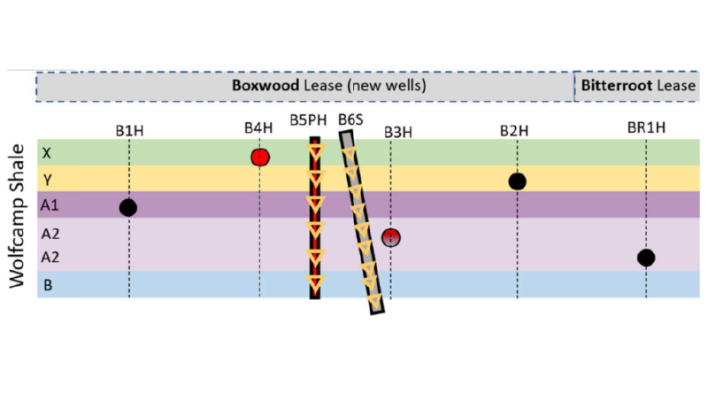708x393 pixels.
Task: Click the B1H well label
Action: (129, 131)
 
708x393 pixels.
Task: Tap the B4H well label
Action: (258, 127)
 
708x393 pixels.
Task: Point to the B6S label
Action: (351, 120)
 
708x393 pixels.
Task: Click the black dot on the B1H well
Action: (128, 207)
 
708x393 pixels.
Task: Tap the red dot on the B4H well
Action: (259, 158)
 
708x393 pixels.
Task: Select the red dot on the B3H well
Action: (391, 236)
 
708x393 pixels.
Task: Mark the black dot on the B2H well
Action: (518, 181)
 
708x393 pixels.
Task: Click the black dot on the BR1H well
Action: (646, 258)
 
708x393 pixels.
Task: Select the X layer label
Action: (46, 153)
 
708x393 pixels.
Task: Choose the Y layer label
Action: (46, 179)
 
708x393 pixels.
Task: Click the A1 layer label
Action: (49, 204)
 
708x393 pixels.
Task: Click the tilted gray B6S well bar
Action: (363, 221)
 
